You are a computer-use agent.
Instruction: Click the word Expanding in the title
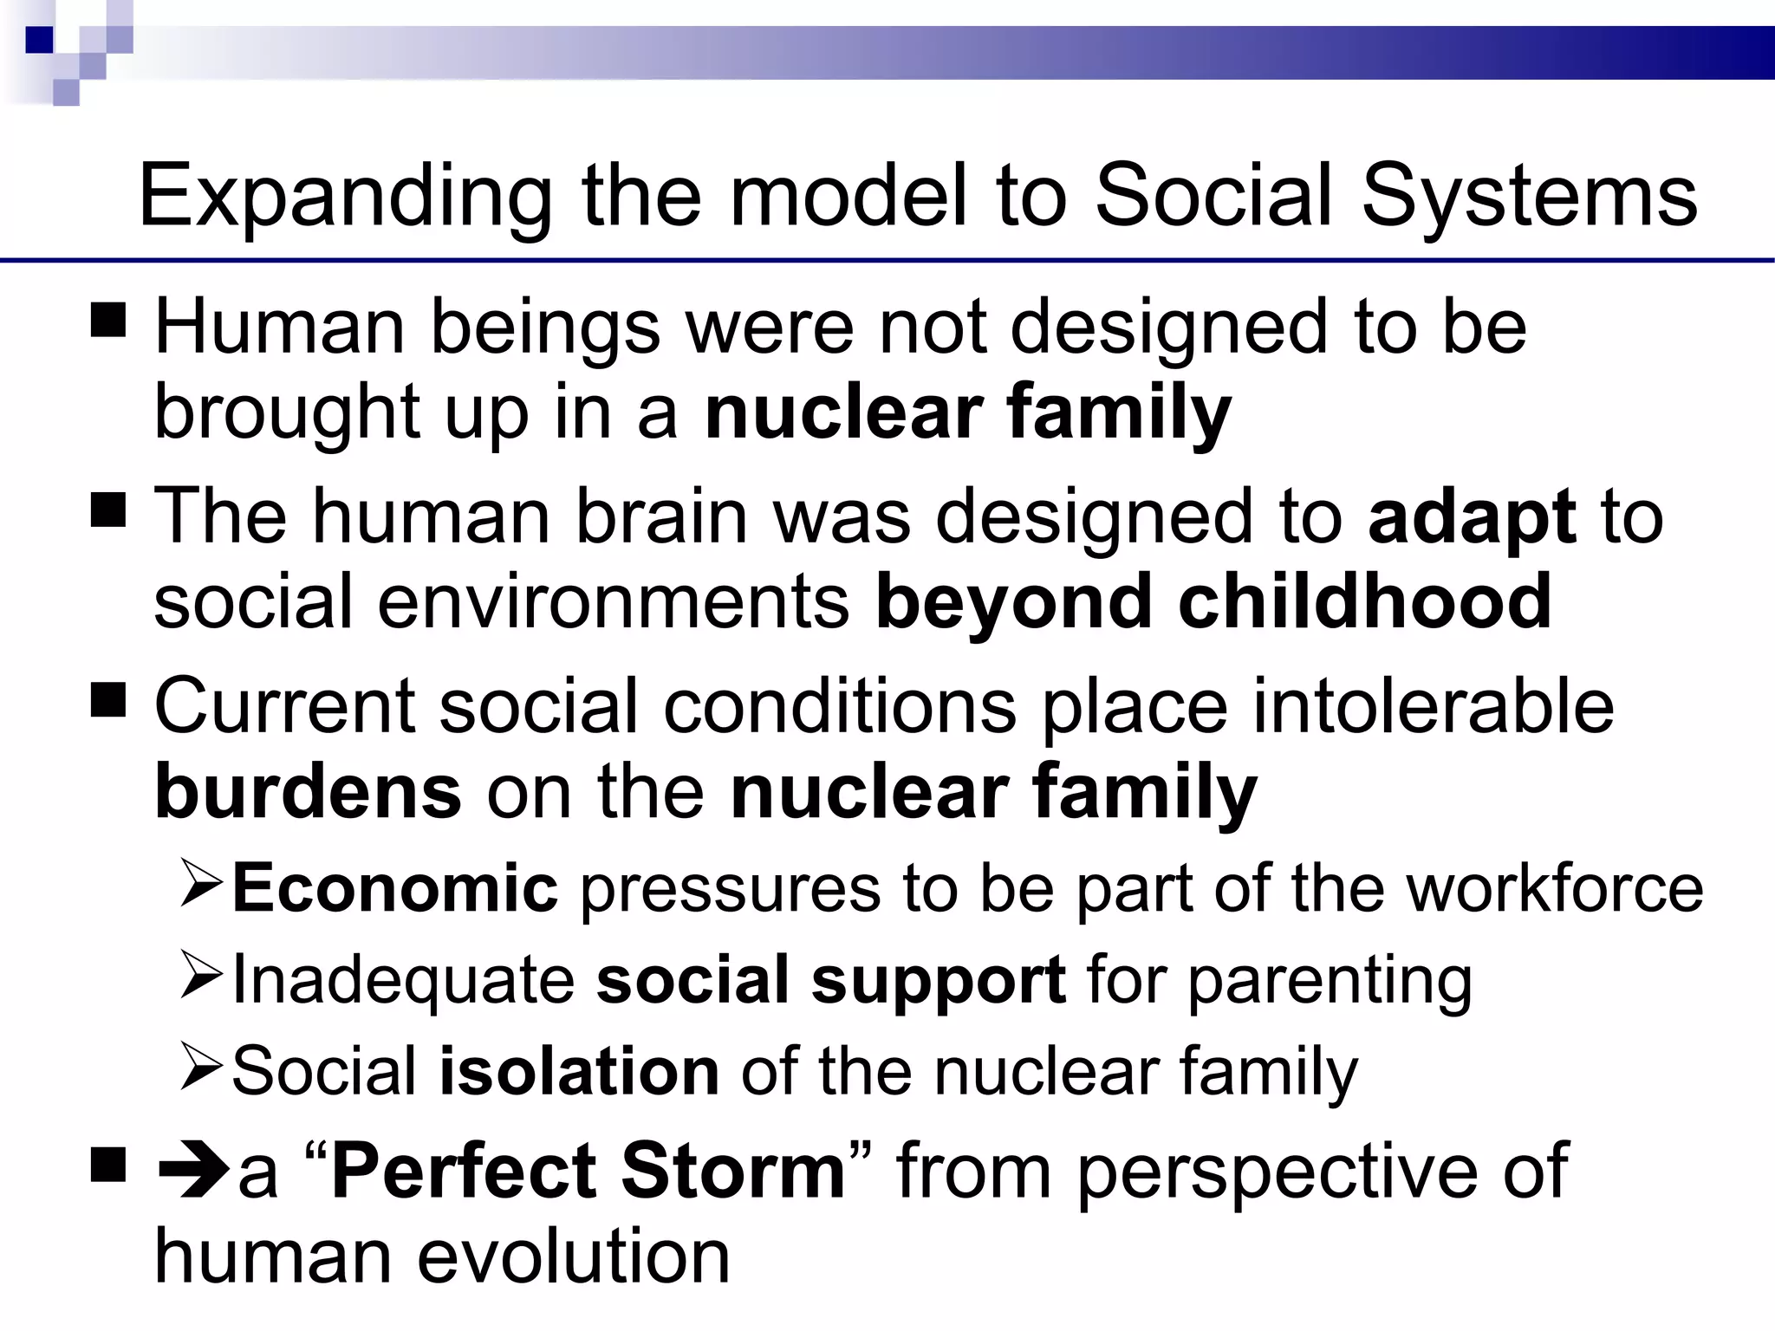(x=345, y=198)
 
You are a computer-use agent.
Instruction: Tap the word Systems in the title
(x=1529, y=198)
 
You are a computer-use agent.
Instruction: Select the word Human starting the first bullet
(x=279, y=328)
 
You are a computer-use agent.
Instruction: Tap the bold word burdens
(x=308, y=791)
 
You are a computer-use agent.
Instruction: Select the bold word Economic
(x=394, y=889)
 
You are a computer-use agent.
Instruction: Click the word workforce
(x=1555, y=889)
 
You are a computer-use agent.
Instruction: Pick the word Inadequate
(x=403, y=980)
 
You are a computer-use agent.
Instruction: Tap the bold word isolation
(x=579, y=1071)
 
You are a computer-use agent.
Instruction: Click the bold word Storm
(x=733, y=1172)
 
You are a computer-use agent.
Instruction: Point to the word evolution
(x=573, y=1256)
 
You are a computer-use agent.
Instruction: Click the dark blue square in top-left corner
(x=39, y=39)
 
